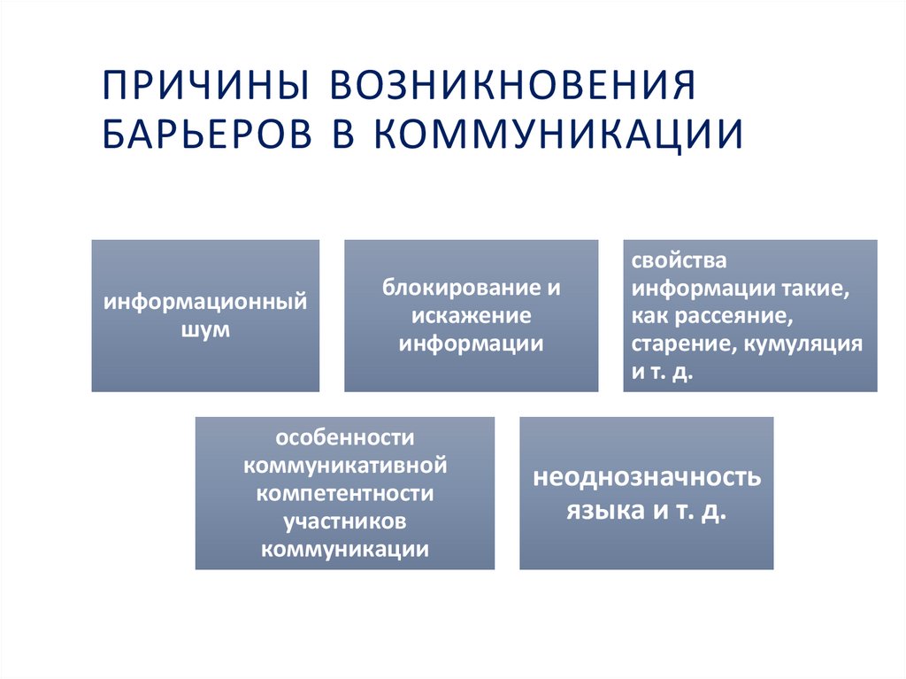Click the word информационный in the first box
(205, 303)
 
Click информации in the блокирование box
(471, 343)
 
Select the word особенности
(345, 438)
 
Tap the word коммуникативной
(345, 466)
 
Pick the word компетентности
(345, 493)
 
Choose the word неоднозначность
(646, 479)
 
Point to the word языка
(600, 513)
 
